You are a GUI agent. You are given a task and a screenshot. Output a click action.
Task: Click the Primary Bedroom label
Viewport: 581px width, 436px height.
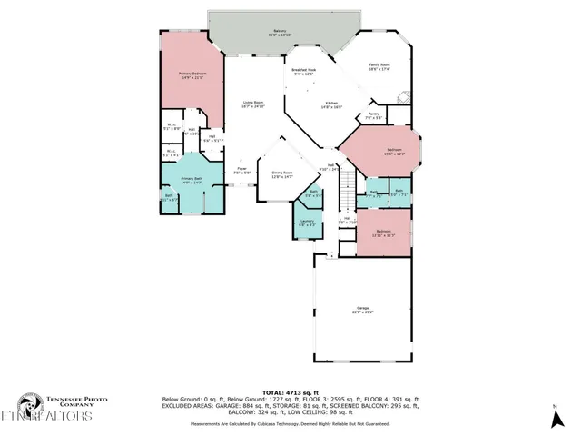[x=192, y=74]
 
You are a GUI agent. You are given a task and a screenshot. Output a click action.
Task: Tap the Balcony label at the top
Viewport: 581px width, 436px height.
[x=280, y=34]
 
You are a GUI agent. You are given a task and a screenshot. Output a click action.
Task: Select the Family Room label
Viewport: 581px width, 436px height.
[x=379, y=66]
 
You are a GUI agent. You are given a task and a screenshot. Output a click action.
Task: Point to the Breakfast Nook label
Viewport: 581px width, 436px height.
[x=304, y=72]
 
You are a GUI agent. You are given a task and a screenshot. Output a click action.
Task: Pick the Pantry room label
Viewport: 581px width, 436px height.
[x=373, y=116]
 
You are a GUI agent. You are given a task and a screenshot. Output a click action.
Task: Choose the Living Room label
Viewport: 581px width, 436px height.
[x=252, y=104]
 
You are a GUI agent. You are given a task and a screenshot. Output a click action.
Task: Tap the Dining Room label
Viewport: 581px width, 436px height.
[x=282, y=174]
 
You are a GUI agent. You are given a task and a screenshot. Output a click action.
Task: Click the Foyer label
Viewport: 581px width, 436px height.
[x=242, y=171]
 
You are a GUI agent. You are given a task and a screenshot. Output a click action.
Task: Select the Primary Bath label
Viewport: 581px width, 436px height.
[x=191, y=180]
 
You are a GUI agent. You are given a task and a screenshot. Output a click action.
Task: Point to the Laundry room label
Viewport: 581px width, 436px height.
[x=307, y=223]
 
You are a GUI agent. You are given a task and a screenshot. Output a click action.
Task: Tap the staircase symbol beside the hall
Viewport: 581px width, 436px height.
[x=346, y=192]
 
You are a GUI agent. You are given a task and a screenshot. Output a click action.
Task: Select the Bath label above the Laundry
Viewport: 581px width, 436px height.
[x=313, y=193]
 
